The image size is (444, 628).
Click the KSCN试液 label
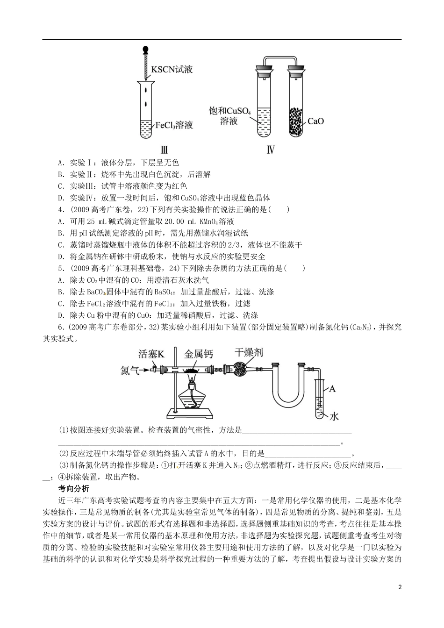(172, 70)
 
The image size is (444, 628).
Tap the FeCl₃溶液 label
(174, 125)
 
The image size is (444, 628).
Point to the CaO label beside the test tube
(315, 121)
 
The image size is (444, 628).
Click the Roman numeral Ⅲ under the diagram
(164, 150)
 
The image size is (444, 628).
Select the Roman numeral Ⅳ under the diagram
(270, 150)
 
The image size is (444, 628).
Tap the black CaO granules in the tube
(296, 121)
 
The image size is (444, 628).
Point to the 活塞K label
(151, 354)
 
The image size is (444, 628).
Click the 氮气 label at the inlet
(130, 370)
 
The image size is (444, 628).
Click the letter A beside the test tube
(333, 389)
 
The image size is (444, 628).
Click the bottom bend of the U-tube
(287, 405)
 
